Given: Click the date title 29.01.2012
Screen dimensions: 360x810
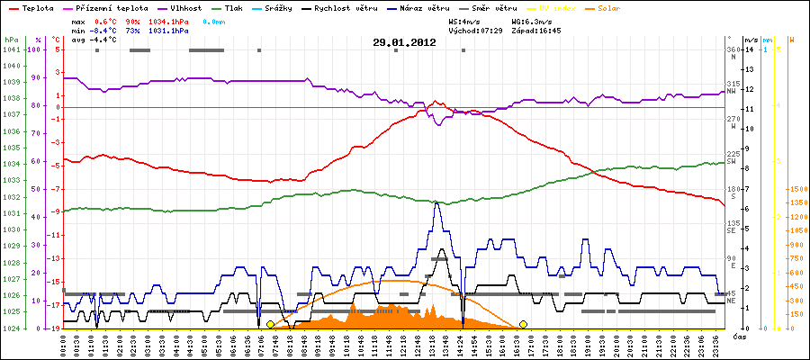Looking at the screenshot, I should (404, 42).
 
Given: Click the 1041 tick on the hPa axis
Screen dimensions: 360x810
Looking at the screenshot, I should (11, 50).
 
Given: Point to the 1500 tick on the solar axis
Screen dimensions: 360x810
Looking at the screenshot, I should (797, 189).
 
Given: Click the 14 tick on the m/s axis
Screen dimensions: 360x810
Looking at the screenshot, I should (750, 50).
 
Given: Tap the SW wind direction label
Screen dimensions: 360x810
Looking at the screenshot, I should (731, 158).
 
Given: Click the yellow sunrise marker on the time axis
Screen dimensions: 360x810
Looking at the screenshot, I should (270, 324).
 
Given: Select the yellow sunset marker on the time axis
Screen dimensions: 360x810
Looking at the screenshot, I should (523, 324).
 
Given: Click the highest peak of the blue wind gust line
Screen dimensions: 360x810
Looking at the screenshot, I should (437, 203).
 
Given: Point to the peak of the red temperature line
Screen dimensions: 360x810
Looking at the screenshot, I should (435, 102).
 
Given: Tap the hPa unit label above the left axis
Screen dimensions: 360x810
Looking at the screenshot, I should (11, 40).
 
